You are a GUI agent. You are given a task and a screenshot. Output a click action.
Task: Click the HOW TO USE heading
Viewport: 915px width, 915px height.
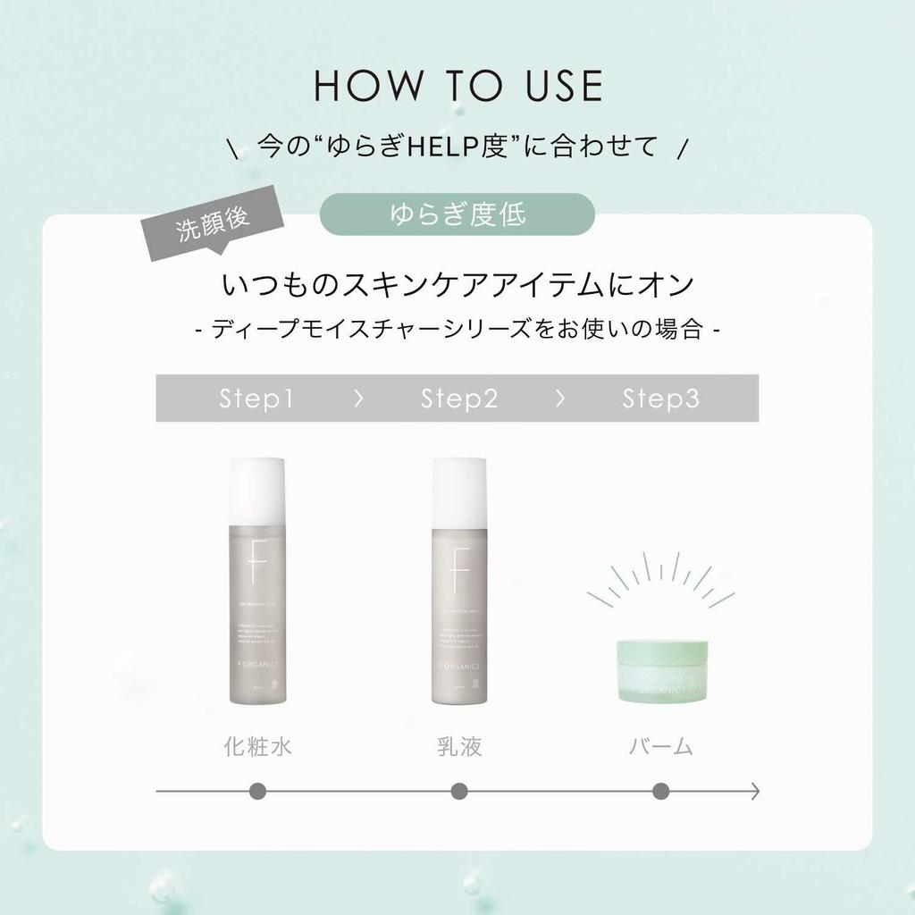(457, 86)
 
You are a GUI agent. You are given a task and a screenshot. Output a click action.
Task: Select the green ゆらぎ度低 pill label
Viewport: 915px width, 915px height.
(457, 214)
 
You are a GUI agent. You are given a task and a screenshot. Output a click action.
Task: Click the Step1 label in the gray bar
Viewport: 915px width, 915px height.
(256, 399)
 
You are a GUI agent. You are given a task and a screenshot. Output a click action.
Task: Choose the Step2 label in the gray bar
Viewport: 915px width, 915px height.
(458, 399)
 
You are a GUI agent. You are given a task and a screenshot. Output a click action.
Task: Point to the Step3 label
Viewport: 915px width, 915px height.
(660, 399)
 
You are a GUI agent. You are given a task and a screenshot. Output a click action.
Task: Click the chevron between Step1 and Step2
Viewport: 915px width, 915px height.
(358, 399)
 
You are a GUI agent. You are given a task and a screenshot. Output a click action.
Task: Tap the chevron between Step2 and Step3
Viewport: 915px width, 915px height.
(560, 399)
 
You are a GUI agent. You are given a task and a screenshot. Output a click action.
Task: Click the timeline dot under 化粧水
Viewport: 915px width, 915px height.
(257, 791)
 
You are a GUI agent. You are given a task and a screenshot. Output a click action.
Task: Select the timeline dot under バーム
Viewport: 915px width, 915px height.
(661, 791)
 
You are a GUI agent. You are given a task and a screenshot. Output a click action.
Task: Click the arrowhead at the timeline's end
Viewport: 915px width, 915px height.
(755, 791)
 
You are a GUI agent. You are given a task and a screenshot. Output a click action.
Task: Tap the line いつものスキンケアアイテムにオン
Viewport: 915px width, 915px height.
(457, 287)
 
